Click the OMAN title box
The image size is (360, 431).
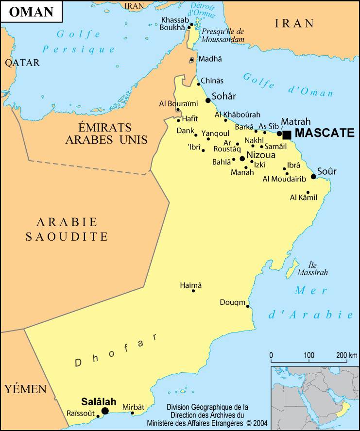[x=31, y=12]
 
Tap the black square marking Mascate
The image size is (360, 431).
[x=287, y=134]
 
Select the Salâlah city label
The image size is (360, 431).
[x=99, y=401]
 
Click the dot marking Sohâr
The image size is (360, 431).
[x=208, y=100]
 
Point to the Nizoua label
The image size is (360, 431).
[x=261, y=155]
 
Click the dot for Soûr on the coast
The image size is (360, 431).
[x=313, y=177]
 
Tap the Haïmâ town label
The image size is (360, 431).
[x=190, y=285]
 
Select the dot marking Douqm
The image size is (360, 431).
[x=248, y=306]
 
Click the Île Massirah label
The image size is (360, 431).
[x=318, y=268]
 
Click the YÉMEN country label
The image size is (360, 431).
[x=25, y=389]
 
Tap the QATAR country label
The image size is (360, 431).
[x=22, y=63]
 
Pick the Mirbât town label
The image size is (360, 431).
[x=133, y=407]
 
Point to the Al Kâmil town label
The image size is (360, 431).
[x=303, y=197]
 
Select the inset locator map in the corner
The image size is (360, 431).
[x=315, y=398]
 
